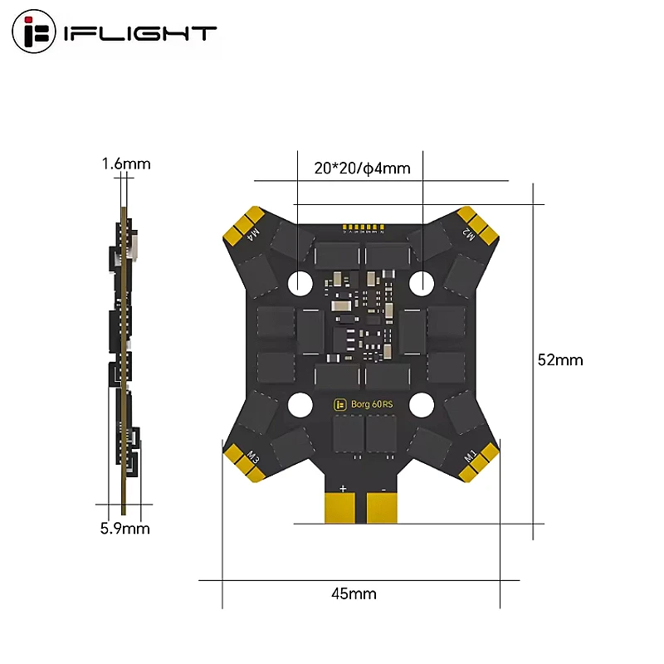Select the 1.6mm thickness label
tap(126, 164)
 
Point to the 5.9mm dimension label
tap(124, 528)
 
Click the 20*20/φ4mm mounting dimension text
tap(363, 168)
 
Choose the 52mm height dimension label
tap(560, 359)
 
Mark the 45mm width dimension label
tap(353, 593)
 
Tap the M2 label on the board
tap(468, 233)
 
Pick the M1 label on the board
tap(469, 456)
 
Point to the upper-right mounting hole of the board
tap(422, 283)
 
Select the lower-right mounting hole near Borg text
tap(422, 405)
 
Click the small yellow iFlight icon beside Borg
tap(339, 405)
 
